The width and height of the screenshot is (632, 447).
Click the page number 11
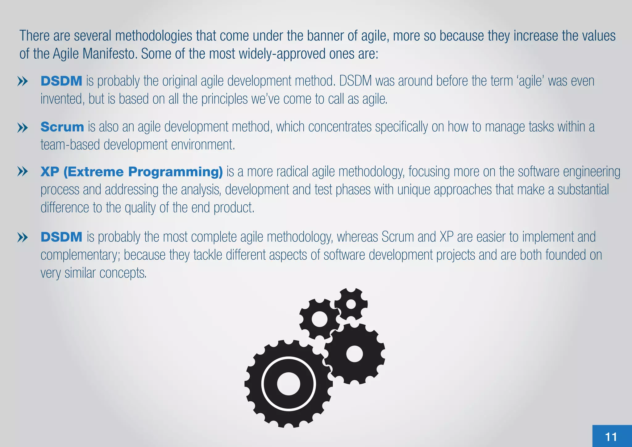point(611,437)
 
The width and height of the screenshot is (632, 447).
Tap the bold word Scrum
point(62,127)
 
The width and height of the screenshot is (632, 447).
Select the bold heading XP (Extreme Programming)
point(131,172)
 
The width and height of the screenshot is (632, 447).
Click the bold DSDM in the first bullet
point(61,81)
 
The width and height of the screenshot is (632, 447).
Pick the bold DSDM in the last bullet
point(61,237)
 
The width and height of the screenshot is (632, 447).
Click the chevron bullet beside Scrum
point(23,127)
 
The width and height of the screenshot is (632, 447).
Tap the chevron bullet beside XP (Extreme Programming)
point(23,172)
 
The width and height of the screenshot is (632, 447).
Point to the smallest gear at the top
point(351,304)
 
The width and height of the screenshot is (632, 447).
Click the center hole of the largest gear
point(289,384)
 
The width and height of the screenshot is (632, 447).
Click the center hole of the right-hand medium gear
point(354,354)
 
